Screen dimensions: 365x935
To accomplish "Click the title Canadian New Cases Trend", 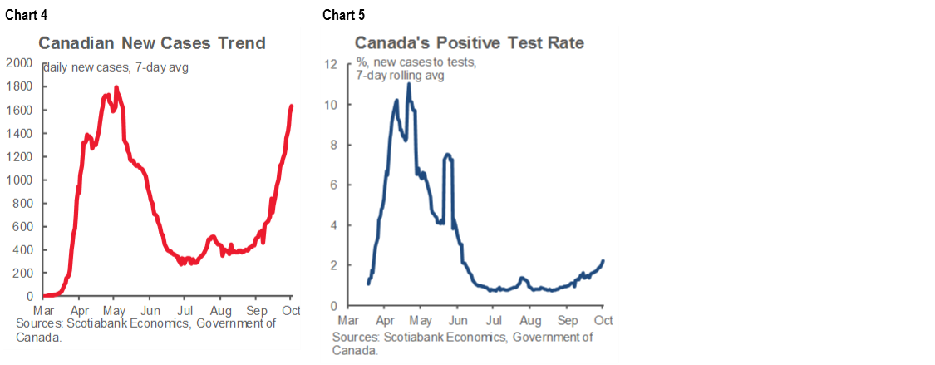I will pyautogui.click(x=152, y=43).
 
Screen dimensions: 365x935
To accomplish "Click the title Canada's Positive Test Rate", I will pyautogui.click(x=470, y=42).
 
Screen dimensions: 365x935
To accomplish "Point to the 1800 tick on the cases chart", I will pyautogui.click(x=19, y=86).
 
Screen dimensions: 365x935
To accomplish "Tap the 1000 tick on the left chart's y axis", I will pyautogui.click(x=19, y=180).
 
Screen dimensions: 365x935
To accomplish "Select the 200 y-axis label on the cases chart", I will pyautogui.click(x=22, y=273).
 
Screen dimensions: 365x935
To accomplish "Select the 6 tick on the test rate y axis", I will pyautogui.click(x=332, y=185).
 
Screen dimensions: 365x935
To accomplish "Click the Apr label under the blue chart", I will pyautogui.click(x=386, y=318).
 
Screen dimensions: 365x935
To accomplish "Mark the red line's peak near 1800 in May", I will pyautogui.click(x=116, y=87).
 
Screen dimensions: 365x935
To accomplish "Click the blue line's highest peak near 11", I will pyautogui.click(x=408, y=83).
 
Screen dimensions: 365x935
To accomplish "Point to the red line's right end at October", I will pyautogui.click(x=292, y=106).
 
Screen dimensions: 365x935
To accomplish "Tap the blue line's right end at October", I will pyautogui.click(x=603, y=260).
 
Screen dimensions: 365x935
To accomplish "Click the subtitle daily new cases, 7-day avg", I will pyautogui.click(x=116, y=67).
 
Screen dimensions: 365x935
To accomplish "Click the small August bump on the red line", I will pyautogui.click(x=212, y=237).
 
